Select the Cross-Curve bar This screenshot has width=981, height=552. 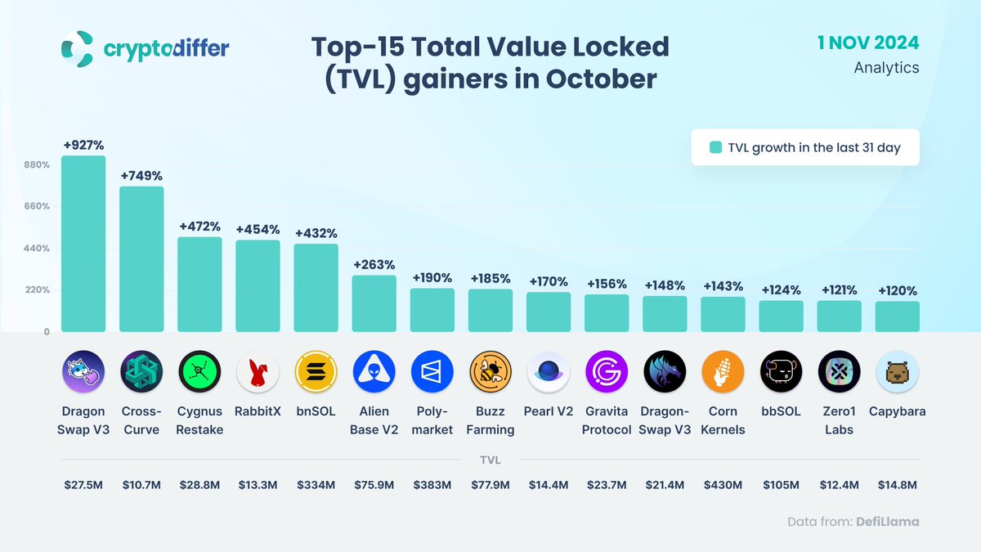[x=141, y=259]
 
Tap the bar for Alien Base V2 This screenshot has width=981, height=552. [x=374, y=303]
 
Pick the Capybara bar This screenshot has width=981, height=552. [x=897, y=316]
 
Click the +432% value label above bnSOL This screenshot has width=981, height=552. [x=316, y=233]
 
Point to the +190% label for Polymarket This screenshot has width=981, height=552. [x=432, y=278]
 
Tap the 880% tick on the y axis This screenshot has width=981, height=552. [x=38, y=164]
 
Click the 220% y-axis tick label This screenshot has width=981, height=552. [x=38, y=290]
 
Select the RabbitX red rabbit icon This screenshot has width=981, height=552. [x=258, y=373]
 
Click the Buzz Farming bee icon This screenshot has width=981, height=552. [x=490, y=373]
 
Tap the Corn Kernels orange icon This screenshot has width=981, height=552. [x=723, y=373]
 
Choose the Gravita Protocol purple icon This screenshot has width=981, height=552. [x=607, y=373]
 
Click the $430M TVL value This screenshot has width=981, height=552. [x=723, y=485]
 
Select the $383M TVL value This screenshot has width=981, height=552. [x=432, y=485]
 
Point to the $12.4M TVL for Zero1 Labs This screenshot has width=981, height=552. [x=839, y=485]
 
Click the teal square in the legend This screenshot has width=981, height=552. [x=715, y=148]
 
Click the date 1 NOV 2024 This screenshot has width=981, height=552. [x=868, y=43]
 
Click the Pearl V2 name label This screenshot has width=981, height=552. [x=549, y=411]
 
